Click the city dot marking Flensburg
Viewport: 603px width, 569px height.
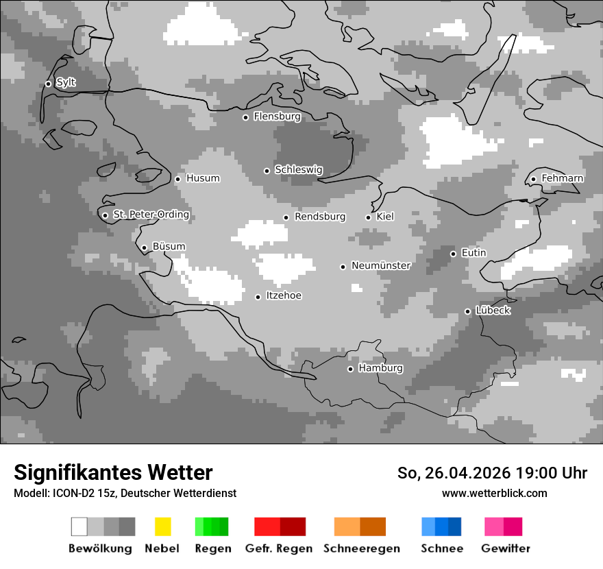pyautogui.click(x=245, y=117)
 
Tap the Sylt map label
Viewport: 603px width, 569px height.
pyautogui.click(x=66, y=82)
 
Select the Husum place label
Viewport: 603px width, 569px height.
pyautogui.click(x=203, y=178)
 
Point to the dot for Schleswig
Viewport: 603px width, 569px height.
pyautogui.click(x=267, y=171)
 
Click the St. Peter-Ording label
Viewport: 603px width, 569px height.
pyautogui.click(x=151, y=215)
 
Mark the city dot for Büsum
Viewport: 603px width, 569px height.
pyautogui.click(x=144, y=248)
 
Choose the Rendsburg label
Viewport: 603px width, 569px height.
pyautogui.click(x=320, y=217)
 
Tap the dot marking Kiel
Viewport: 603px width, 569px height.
pyautogui.click(x=368, y=217)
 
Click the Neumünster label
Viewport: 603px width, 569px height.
pyautogui.click(x=381, y=265)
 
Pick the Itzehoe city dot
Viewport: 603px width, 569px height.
pyautogui.click(x=258, y=297)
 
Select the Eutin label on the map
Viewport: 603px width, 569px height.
pyautogui.click(x=473, y=253)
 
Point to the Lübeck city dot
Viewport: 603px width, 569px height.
pyautogui.click(x=467, y=311)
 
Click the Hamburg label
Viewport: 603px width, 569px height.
pyautogui.click(x=381, y=368)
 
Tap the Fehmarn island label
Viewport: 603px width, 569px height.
pyautogui.click(x=563, y=178)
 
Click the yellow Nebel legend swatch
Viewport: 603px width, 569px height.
pyautogui.click(x=162, y=526)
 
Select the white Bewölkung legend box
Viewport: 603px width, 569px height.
pyautogui.click(x=79, y=526)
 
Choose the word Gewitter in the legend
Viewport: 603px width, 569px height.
pyautogui.click(x=506, y=548)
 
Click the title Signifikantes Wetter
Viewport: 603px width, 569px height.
pyautogui.click(x=113, y=472)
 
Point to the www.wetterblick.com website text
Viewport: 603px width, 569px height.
pyautogui.click(x=495, y=493)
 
